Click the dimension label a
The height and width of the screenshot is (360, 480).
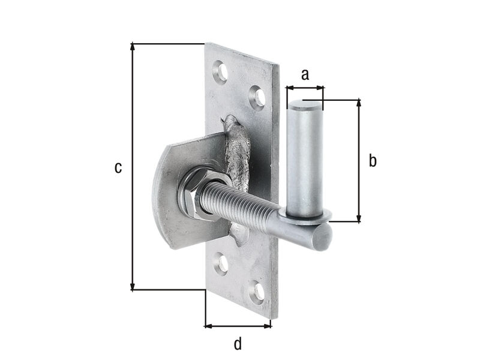click(x=305, y=75)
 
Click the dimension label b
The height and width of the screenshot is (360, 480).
click(x=373, y=160)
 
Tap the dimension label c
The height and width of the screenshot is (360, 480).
click(x=118, y=168)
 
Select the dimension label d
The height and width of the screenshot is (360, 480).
click(x=238, y=343)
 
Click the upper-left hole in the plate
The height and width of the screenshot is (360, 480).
click(x=221, y=72)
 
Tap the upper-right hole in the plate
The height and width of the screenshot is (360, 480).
click(x=258, y=98)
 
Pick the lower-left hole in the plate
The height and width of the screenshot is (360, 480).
click(x=221, y=263)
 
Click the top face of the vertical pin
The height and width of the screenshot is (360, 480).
click(x=305, y=105)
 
